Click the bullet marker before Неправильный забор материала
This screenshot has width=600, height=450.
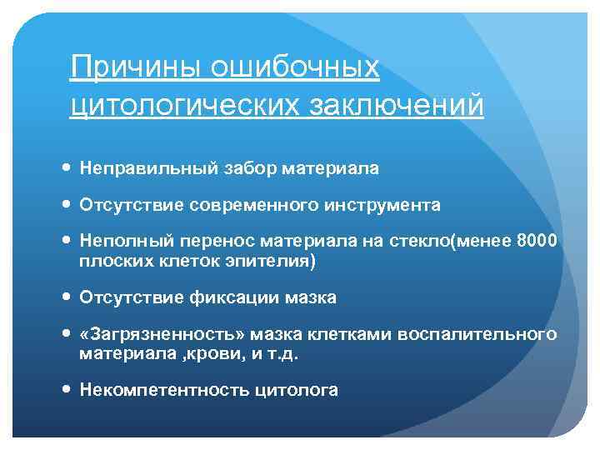(67, 168)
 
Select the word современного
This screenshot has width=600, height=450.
(247, 204)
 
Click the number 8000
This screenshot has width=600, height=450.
(537, 242)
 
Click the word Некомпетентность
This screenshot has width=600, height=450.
(156, 389)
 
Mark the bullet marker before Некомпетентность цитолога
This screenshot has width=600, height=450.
(67, 389)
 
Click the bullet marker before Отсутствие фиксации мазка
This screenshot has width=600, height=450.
(67, 297)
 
